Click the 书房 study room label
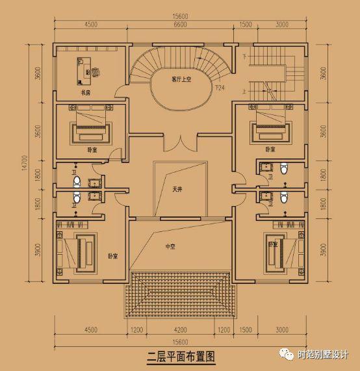click(84, 94)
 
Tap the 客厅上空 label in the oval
click(184, 80)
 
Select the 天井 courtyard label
click(177, 190)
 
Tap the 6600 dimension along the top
click(179, 24)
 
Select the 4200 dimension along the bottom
click(179, 330)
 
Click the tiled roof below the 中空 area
click(179, 291)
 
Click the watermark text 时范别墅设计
click(323, 355)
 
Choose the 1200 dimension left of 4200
click(136, 330)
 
